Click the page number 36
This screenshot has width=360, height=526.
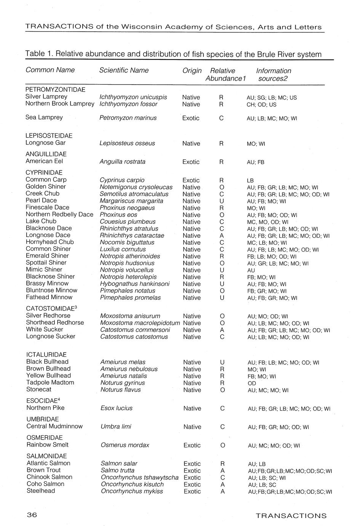(x=32, y=515)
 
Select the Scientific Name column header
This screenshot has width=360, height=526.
(x=124, y=71)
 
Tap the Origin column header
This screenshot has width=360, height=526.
(x=192, y=71)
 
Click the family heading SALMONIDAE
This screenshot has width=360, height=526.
(x=46, y=456)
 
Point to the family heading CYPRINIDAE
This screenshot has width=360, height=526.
(x=44, y=173)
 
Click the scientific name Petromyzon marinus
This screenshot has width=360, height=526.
(x=128, y=118)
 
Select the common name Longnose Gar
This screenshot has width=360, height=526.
(x=45, y=143)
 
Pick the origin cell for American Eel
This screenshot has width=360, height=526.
(x=191, y=162)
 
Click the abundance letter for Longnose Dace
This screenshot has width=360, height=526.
(x=221, y=236)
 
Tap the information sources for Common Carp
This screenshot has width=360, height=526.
(x=250, y=180)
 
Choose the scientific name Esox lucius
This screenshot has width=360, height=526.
(x=117, y=408)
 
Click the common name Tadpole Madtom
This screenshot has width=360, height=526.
(x=50, y=383)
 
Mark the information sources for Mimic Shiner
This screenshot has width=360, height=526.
(x=251, y=270)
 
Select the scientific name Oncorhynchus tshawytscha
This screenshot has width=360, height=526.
(x=139, y=478)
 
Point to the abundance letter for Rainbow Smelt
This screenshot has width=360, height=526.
(x=222, y=445)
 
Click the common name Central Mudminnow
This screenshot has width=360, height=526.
(x=54, y=427)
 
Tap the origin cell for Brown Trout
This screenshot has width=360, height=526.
(x=192, y=471)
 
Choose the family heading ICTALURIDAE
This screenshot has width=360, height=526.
(x=46, y=355)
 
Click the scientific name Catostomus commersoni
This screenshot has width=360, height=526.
(x=135, y=330)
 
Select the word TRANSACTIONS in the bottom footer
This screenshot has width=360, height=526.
(x=291, y=516)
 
